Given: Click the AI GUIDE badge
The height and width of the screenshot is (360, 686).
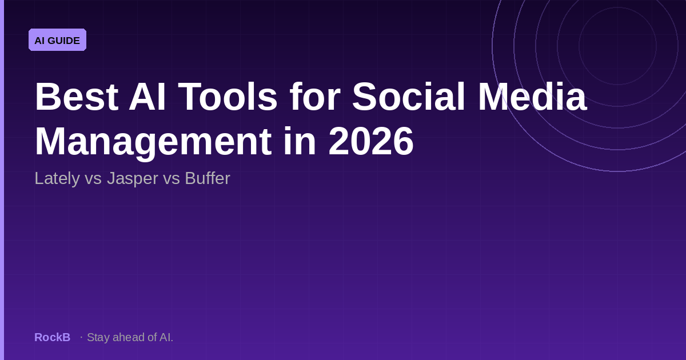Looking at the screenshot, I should (x=57, y=40).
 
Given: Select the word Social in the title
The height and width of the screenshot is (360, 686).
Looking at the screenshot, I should (x=409, y=97).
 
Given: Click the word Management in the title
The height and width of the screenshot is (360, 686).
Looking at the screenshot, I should (x=153, y=142).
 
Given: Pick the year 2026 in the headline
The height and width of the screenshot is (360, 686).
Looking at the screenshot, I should (x=371, y=142).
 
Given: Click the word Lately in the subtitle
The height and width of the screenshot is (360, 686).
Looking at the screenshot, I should (x=57, y=178).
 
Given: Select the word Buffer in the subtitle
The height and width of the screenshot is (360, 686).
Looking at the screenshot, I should (x=207, y=178).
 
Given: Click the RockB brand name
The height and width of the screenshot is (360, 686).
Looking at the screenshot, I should (x=52, y=337).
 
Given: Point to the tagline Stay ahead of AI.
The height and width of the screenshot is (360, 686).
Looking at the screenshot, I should (x=130, y=337).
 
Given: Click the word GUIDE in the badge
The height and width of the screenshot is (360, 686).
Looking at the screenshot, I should (x=64, y=41).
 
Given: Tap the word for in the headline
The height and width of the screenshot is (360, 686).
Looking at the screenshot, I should (x=314, y=97).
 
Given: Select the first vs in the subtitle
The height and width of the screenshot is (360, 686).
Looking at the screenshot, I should (x=93, y=178).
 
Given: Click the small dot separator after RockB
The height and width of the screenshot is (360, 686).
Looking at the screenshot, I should (x=81, y=337).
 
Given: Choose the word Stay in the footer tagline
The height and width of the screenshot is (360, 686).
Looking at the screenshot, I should (x=98, y=337).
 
